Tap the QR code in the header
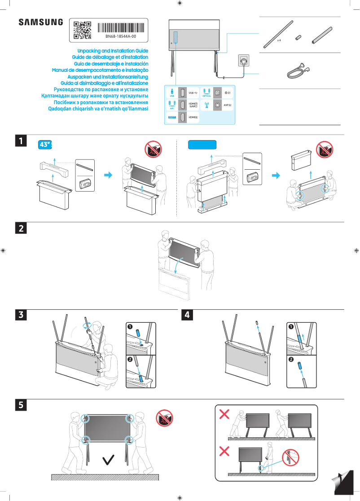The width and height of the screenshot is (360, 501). pyautogui.click(x=82, y=30)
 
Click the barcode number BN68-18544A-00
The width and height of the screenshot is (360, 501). pyautogui.click(x=121, y=36)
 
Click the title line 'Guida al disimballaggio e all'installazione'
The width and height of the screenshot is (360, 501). pyautogui.click(x=104, y=83)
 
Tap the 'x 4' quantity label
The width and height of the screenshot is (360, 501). pyautogui.click(x=279, y=40)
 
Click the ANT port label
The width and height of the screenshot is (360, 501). pyautogui.click(x=227, y=105)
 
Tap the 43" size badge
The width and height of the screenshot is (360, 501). pyautogui.click(x=46, y=145)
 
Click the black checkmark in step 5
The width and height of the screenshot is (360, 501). pyautogui.click(x=108, y=460)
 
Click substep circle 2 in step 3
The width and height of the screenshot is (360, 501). pyautogui.click(x=130, y=360)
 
